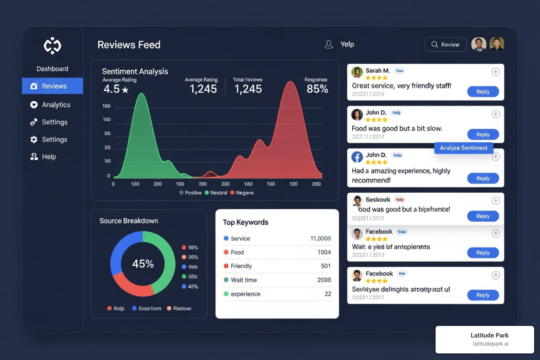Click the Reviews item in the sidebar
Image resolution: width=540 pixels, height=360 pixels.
[53, 86]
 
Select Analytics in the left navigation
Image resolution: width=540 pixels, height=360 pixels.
[56, 105]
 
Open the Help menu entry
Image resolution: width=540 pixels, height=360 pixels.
[49, 157]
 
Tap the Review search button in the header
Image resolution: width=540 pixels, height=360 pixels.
[445, 45]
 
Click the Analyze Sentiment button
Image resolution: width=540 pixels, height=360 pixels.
[463, 148]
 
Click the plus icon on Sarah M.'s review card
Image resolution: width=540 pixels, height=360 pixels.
[495, 72]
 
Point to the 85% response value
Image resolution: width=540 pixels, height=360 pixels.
[317, 89]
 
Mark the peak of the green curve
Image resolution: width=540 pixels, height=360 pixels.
[142, 94]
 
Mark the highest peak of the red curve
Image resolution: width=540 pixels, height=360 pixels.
[291, 82]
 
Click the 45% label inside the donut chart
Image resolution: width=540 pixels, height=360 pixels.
[143, 264]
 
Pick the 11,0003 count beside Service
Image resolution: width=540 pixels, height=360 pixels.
[320, 239]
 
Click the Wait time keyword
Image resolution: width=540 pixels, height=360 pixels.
[244, 280]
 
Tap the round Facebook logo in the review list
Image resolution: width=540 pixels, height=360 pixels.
[357, 157]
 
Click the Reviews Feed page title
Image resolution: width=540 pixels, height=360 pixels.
[129, 45]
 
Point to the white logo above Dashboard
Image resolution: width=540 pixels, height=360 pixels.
[52, 46]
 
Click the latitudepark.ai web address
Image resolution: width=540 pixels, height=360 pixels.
[490, 344]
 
